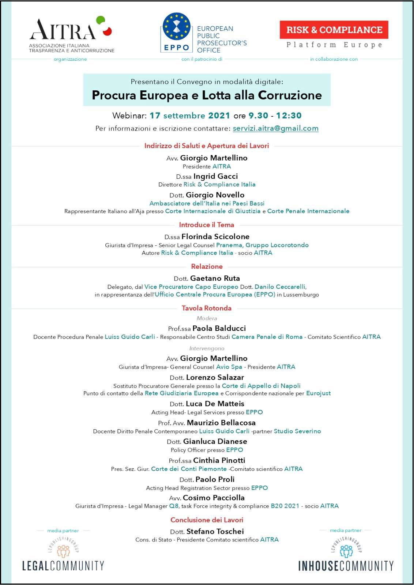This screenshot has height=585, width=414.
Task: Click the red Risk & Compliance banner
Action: tap(334, 30)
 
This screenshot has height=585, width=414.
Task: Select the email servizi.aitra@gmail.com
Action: tap(275, 128)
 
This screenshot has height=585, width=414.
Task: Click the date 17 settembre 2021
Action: tap(189, 116)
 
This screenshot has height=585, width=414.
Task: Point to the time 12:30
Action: tap(289, 116)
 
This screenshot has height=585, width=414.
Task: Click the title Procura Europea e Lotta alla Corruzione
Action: tap(207, 95)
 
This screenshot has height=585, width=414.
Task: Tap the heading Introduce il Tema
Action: tap(207, 225)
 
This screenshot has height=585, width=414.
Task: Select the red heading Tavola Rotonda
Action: tap(207, 308)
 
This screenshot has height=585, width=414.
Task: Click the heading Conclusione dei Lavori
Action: tap(207, 520)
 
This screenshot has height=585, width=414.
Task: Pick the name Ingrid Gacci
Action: tap(215, 176)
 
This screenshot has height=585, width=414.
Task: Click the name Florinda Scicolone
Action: tap(215, 237)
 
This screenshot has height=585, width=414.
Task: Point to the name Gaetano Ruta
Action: tap(215, 278)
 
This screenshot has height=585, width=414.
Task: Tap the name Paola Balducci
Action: tap(219, 328)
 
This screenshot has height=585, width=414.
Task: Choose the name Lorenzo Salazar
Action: tap(215, 377)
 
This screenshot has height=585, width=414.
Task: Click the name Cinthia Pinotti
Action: tap(219, 460)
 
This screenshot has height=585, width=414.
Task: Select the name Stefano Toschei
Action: tap(215, 531)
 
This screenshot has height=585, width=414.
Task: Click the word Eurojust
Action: tap(318, 393)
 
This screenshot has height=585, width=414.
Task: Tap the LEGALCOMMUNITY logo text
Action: tap(63, 566)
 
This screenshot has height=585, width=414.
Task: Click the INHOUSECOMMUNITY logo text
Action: tap(346, 566)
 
